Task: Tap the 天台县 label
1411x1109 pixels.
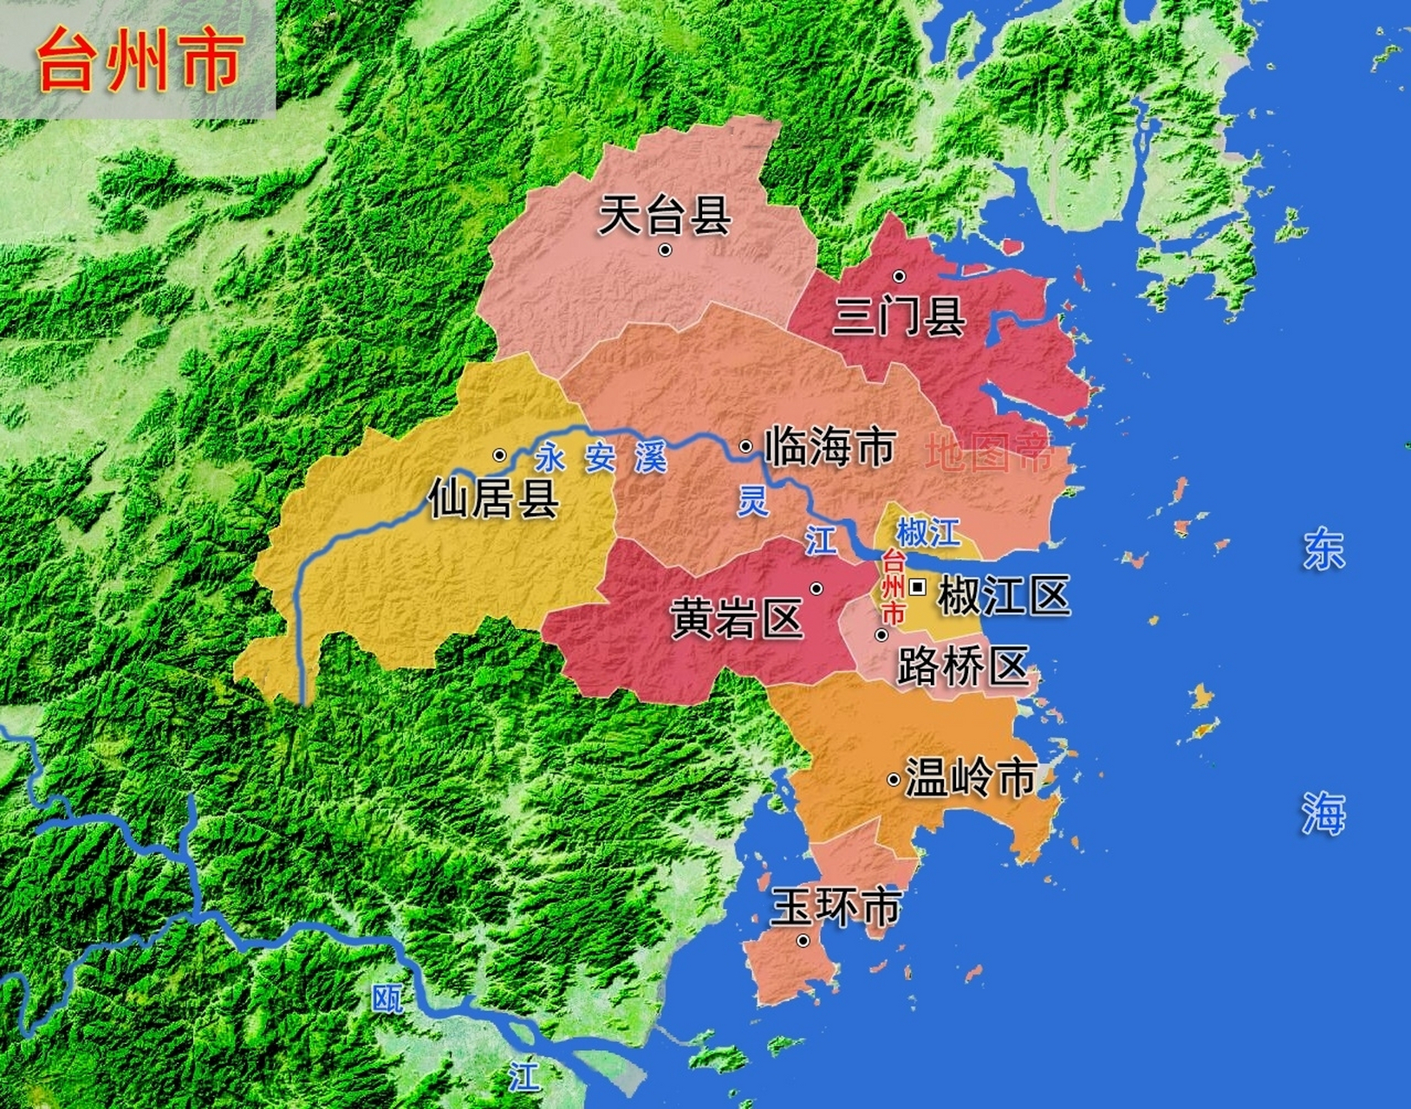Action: [665, 214]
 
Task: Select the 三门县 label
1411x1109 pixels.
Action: [899, 315]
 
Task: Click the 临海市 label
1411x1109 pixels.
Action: [829, 447]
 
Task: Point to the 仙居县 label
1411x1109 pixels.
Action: [493, 498]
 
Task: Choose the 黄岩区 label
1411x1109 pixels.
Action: [737, 619]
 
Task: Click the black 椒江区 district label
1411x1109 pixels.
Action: [1004, 596]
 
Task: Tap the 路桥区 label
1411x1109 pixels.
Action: [962, 666]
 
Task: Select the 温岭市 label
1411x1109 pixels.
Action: [971, 777]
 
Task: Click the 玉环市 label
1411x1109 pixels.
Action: [836, 907]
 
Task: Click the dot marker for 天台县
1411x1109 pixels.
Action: [665, 250]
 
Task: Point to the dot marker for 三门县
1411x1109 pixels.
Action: [899, 276]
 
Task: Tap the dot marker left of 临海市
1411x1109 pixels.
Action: [745, 446]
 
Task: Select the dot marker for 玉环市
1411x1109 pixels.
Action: [803, 941]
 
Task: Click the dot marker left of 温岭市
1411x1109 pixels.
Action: [893, 780]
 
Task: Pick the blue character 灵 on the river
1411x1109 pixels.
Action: [752, 501]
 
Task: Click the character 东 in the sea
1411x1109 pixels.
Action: [1323, 549]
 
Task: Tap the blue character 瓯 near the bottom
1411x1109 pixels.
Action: [388, 999]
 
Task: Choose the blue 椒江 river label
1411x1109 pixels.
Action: [927, 532]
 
